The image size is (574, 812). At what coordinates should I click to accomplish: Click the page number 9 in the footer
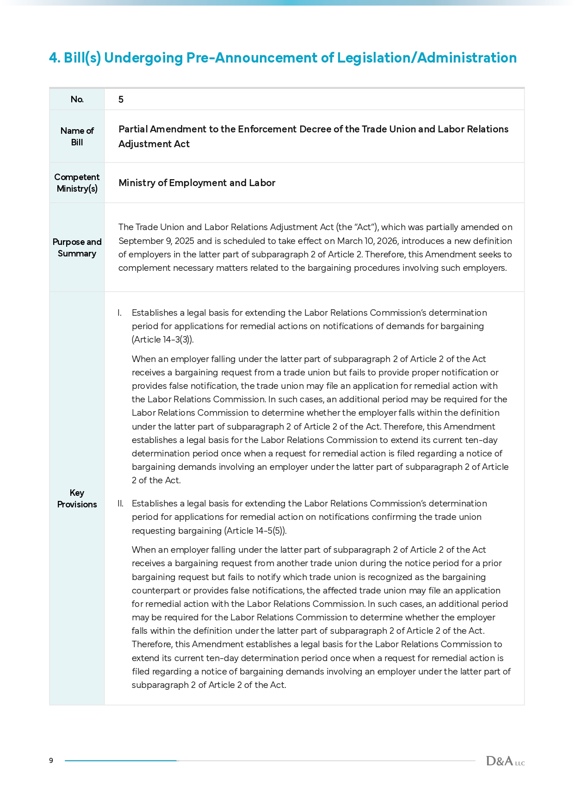tap(51, 760)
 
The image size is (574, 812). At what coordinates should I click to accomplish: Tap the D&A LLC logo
tap(505, 761)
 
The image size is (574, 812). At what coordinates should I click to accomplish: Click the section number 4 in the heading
tap(54, 58)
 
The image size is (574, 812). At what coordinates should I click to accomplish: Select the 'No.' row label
tap(77, 99)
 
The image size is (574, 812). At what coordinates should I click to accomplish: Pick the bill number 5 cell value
tap(121, 100)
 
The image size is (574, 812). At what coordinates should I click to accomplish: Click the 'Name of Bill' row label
tap(77, 137)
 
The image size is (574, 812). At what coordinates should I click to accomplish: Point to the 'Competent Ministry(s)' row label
tap(77, 183)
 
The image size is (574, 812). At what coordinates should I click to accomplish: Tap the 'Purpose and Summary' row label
tap(77, 248)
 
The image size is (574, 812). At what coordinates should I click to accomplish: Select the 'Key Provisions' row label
tap(77, 499)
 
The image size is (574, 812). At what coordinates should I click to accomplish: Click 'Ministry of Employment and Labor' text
tap(197, 183)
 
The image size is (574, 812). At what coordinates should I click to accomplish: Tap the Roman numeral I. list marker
tap(119, 313)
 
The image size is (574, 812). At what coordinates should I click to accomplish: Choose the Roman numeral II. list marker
tap(120, 504)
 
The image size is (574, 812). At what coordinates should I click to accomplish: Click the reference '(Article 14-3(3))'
tap(162, 340)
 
